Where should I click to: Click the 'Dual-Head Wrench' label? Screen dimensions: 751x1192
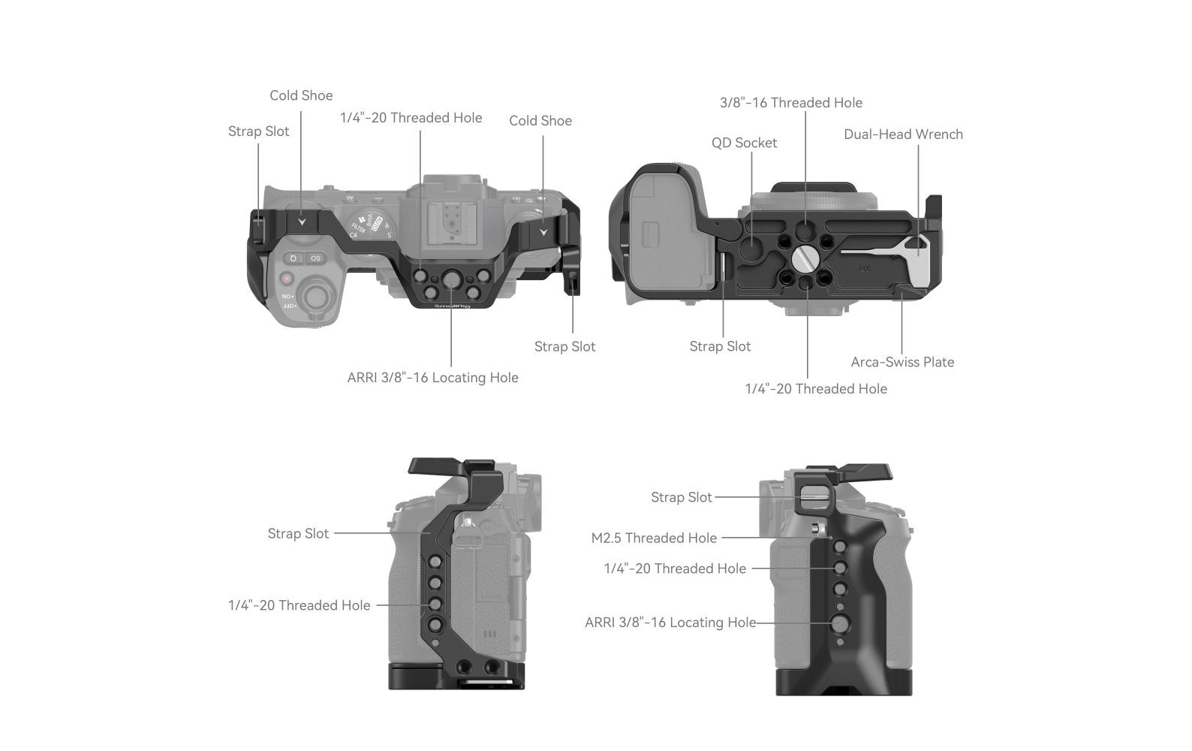tap(903, 134)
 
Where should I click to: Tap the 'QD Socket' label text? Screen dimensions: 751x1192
tap(744, 143)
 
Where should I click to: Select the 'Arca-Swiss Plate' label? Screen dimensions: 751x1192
tap(902, 362)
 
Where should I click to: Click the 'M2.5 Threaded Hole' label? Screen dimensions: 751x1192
tap(654, 538)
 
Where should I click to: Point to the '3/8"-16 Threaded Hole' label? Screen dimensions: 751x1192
tap(791, 103)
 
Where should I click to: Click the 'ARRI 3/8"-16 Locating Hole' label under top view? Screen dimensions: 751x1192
tap(432, 378)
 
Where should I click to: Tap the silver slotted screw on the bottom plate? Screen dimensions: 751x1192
tap(805, 258)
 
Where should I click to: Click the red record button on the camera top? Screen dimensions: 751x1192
tap(286, 279)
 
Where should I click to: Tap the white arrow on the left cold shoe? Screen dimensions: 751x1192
tap(302, 222)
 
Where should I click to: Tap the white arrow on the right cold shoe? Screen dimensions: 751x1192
tap(543, 232)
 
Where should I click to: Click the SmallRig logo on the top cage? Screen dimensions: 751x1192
tap(452, 306)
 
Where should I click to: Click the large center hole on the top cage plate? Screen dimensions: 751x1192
tap(451, 279)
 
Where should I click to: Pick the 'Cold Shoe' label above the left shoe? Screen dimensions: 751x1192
tap(301, 95)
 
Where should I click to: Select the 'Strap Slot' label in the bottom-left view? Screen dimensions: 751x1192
tap(298, 534)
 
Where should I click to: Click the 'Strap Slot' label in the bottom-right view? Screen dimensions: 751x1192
tap(681, 497)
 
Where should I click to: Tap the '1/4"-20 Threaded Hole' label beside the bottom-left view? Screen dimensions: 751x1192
tap(299, 605)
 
